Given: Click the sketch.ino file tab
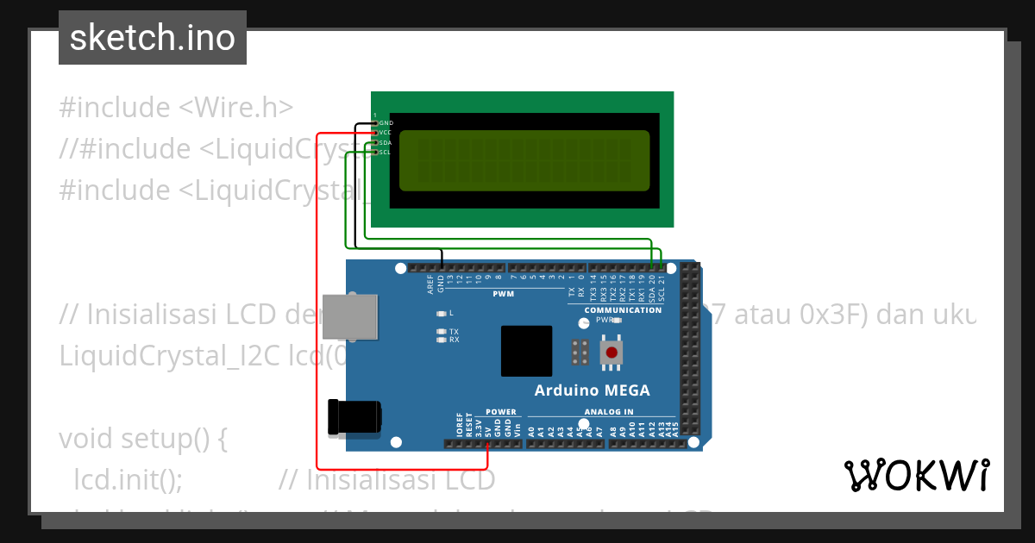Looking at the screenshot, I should (153, 38).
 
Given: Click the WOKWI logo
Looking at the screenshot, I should (916, 475).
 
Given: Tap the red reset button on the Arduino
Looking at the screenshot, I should (612, 352).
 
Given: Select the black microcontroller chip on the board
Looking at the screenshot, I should (526, 351).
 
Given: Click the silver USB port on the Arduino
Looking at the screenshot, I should (350, 316).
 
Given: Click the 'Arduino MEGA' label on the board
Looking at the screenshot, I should (592, 390).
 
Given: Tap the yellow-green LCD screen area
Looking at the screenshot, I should (524, 161).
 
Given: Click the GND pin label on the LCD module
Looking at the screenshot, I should (386, 123).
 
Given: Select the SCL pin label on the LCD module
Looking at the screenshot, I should (386, 153).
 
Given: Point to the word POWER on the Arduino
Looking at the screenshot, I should (501, 412).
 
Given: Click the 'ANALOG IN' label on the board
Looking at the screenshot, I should (609, 412).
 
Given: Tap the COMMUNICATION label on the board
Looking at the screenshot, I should (623, 310).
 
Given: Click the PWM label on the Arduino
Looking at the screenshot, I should (503, 294).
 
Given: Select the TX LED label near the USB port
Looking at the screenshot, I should (454, 331).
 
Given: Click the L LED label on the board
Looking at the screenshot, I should (451, 313).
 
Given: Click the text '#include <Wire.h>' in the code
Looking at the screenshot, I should (176, 108).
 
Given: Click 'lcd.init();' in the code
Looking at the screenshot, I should (129, 479).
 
